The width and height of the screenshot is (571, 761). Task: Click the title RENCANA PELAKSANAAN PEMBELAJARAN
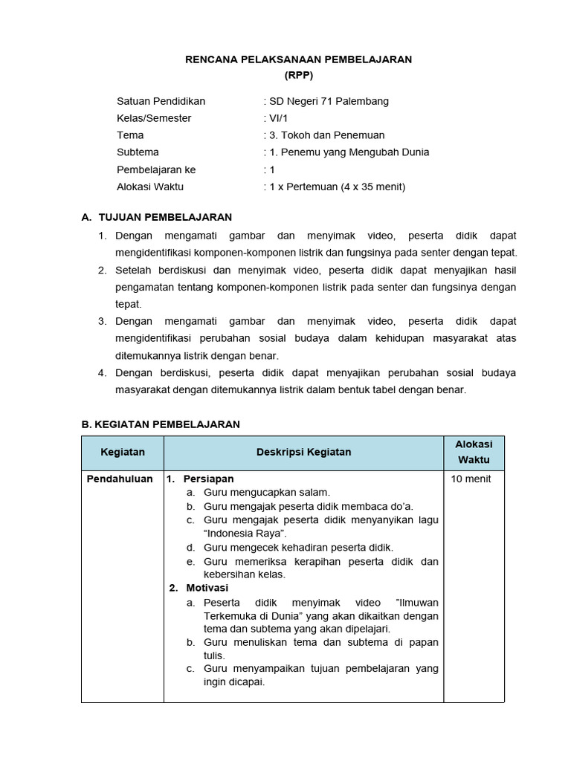pos(298,59)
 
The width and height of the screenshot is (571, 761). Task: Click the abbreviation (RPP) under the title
pos(298,76)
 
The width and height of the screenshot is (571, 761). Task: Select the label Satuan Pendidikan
pos(161,101)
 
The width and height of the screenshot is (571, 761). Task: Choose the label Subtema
pos(138,152)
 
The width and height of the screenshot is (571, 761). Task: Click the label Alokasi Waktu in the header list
pos(150,187)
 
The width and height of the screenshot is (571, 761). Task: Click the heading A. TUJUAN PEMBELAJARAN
pos(157,217)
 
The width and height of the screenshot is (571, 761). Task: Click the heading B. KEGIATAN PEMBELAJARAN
pos(161,424)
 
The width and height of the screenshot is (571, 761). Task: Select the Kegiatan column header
pos(123,452)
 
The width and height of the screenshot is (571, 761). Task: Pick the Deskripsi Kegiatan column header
pos(303,452)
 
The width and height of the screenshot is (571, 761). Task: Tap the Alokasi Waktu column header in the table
pos(474,452)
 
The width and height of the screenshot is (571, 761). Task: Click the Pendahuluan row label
pos(120,479)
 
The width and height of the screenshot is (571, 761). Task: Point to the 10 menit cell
pos(471,479)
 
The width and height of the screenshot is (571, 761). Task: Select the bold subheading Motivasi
pos(207,588)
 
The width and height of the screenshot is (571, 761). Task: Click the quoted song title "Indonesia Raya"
pos(245,534)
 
